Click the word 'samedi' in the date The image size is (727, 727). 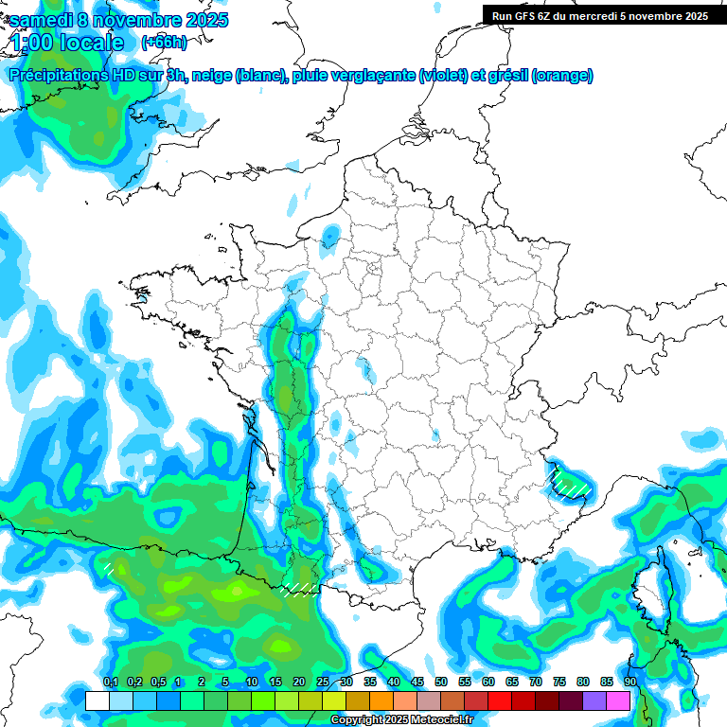(x=41, y=21)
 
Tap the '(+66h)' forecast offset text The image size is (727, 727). (x=164, y=43)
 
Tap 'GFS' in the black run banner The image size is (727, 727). (x=527, y=16)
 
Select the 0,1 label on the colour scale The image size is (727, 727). (x=110, y=683)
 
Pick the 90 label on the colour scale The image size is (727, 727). (x=629, y=683)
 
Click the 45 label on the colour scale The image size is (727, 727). (x=417, y=683)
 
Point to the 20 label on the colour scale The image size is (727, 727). (x=299, y=683)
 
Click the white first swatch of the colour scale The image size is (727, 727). (x=97, y=700)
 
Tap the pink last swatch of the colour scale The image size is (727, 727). (x=618, y=700)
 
